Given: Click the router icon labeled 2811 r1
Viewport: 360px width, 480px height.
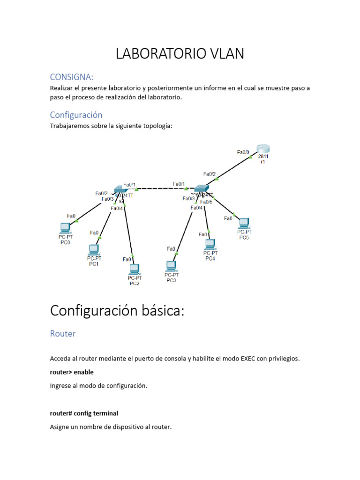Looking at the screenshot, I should click(263, 150).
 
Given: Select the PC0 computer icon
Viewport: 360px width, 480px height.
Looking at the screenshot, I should click(65, 228).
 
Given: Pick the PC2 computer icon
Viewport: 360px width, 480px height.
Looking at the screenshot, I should click(135, 269).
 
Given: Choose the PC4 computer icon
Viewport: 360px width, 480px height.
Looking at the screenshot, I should click(210, 244).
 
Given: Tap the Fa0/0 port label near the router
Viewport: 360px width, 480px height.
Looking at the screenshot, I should click(243, 152).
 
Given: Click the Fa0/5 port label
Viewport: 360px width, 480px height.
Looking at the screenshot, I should click(206, 202).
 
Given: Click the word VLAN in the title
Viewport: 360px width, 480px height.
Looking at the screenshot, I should click(227, 54).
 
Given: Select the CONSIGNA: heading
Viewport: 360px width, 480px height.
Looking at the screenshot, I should click(72, 77).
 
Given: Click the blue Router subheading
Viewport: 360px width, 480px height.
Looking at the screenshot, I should click(63, 334).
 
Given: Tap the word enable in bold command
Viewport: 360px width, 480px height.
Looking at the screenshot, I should click(84, 372).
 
